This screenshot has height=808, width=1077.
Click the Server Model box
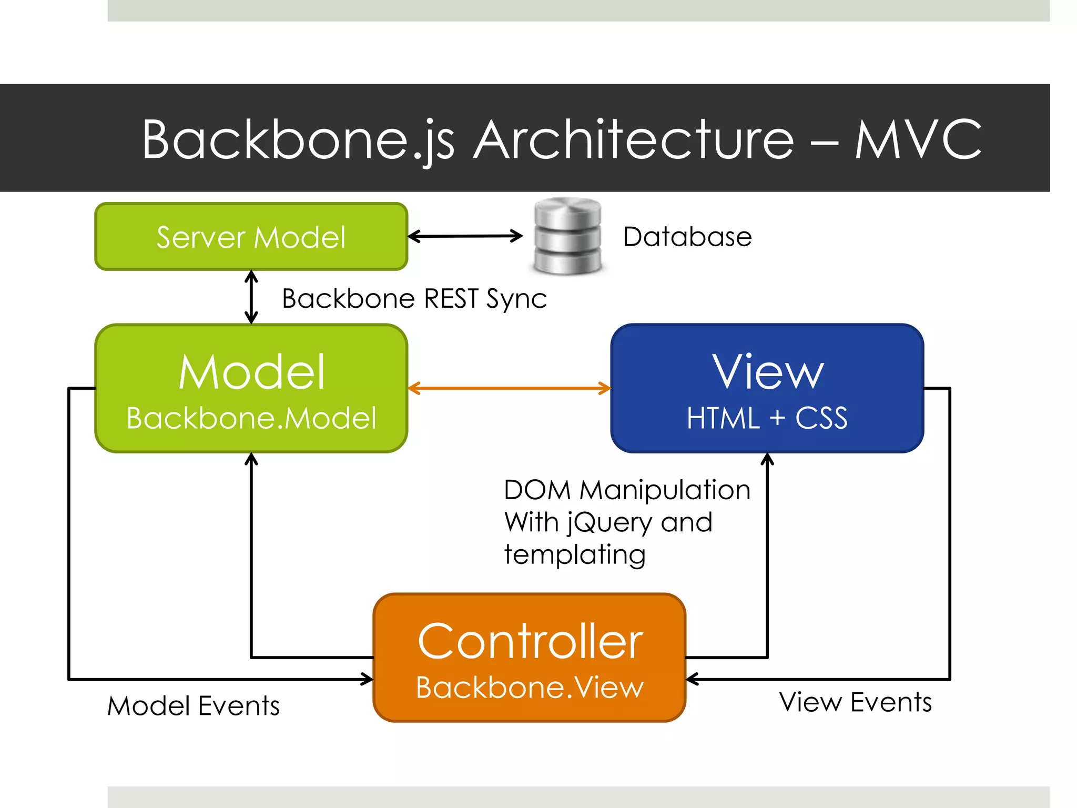click(x=251, y=237)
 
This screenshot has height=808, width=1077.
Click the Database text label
click(x=687, y=237)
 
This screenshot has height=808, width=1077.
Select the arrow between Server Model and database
click(x=465, y=236)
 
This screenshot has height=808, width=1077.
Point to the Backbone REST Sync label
click(x=414, y=299)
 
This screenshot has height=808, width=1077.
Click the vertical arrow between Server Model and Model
click(x=251, y=297)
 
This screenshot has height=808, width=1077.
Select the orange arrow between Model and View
click(x=509, y=389)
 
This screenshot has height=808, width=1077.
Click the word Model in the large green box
click(x=251, y=372)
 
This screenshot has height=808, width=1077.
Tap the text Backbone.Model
click(x=251, y=418)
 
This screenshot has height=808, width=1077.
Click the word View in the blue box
click(x=767, y=372)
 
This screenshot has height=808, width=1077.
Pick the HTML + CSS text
click(x=767, y=418)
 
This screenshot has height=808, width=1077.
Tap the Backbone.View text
click(x=530, y=687)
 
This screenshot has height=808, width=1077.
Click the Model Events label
click(x=194, y=705)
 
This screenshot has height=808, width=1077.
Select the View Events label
click(x=855, y=702)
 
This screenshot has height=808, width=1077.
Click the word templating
click(x=575, y=555)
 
